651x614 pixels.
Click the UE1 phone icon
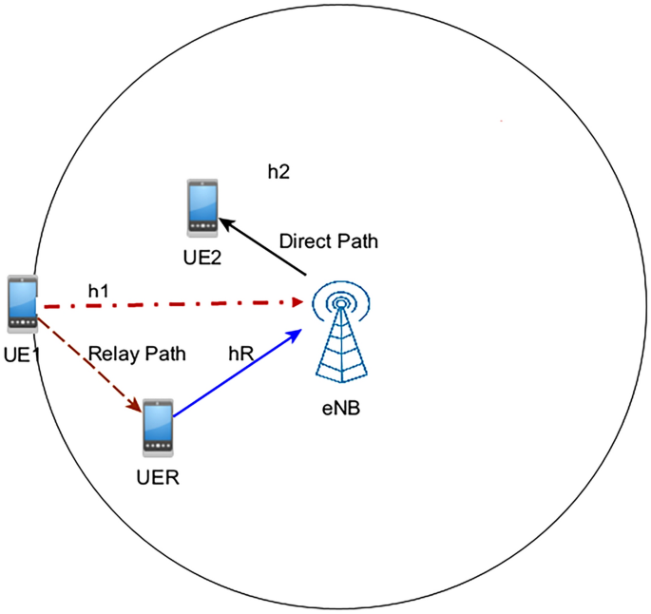tap(22, 304)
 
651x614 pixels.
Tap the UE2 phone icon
tap(201, 206)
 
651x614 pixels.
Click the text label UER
tap(159, 475)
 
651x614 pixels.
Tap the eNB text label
tap(340, 409)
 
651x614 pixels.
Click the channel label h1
tap(99, 289)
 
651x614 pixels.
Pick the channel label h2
tap(278, 172)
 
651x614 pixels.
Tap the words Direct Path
tap(329, 241)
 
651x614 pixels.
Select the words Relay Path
tap(137, 354)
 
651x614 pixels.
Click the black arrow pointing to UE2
tap(264, 247)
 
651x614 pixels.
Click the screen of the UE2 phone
tap(201, 202)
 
